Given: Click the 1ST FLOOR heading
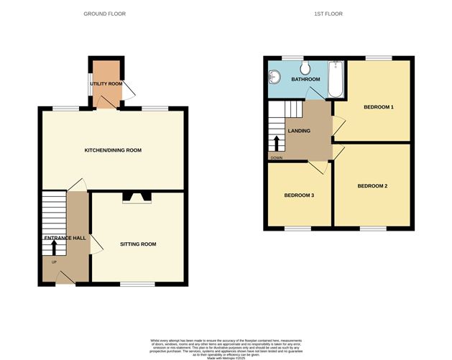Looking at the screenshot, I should [336, 14].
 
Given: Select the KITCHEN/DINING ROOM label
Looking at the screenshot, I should [113, 150].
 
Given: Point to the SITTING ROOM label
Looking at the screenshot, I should [138, 244].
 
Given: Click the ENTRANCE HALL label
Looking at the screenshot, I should [65, 238].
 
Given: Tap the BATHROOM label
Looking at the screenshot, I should [305, 79].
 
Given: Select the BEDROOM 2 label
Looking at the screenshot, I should [372, 186].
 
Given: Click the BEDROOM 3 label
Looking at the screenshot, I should [299, 195].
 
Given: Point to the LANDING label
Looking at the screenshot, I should [299, 131].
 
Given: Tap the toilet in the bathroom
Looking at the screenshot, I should [305, 67].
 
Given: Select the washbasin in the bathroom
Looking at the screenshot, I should [274, 75].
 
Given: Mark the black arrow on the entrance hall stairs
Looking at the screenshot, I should [53, 246].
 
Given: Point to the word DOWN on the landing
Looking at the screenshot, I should [277, 158].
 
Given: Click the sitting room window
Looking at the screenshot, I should [137, 284].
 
